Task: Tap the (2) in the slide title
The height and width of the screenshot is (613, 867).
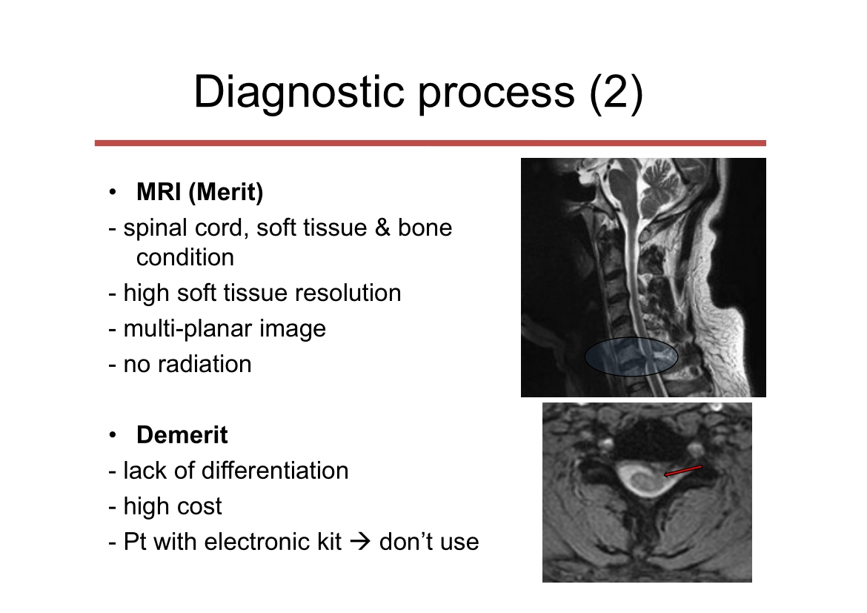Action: click(616, 93)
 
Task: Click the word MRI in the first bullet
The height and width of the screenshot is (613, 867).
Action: click(159, 192)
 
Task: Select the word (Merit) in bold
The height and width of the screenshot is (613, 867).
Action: click(225, 193)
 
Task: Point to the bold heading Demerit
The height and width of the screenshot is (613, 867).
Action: click(182, 435)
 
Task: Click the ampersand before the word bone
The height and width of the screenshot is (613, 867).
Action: click(382, 228)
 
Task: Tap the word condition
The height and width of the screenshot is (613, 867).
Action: click(185, 257)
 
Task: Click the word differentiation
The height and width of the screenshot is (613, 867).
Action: click(275, 471)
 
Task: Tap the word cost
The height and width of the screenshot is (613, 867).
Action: click(200, 506)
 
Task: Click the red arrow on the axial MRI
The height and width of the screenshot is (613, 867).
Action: click(683, 471)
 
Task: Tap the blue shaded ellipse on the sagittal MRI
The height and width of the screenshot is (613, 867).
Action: click(631, 357)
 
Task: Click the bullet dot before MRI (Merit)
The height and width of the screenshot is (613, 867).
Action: click(113, 192)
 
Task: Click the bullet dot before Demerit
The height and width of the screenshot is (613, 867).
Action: click(113, 435)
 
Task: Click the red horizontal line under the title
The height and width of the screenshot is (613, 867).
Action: click(431, 143)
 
